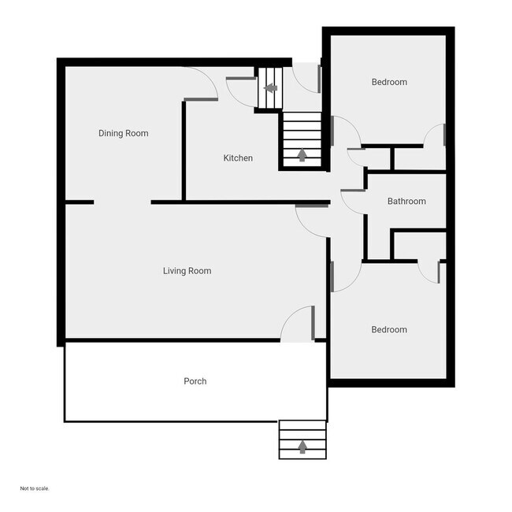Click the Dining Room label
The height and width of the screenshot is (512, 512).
click(124, 133)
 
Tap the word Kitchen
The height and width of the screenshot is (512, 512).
click(238, 158)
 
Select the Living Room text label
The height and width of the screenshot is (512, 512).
click(187, 271)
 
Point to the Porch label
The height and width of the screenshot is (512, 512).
click(195, 381)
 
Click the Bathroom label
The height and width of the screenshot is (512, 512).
click(406, 201)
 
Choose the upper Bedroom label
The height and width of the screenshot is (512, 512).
click(389, 82)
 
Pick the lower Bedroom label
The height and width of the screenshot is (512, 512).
click(389, 329)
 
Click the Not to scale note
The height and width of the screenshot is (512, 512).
click(35, 488)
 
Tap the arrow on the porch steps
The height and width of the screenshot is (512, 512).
click(302, 447)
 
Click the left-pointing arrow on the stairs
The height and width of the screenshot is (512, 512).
click(270, 88)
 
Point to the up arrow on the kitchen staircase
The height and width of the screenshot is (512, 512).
click(302, 154)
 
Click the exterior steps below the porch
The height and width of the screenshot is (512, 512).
click(302, 440)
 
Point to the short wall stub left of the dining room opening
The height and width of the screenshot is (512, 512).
click(80, 202)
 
